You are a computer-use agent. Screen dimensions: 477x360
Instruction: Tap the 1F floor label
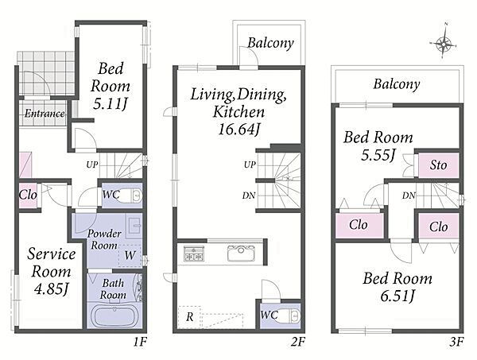tap(140, 343)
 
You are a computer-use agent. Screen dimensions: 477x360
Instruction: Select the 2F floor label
tap(297, 343)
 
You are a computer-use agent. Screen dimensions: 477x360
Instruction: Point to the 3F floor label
tap(456, 343)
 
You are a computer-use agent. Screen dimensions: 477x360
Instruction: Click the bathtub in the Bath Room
tap(114, 316)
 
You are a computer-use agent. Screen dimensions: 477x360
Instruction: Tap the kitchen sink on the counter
tap(241, 253)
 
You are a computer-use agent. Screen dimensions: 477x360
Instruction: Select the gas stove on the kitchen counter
tap(194, 254)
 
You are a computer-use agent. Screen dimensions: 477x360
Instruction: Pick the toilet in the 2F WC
tap(290, 316)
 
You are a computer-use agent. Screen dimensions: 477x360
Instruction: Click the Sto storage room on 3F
tap(438, 165)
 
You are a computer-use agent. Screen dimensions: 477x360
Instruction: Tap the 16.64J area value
tap(239, 130)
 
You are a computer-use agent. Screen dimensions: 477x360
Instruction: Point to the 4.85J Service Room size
tap(51, 288)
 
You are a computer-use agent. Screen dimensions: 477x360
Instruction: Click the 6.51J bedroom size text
tap(397, 296)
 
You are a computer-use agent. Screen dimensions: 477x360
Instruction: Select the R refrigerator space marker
tap(189, 316)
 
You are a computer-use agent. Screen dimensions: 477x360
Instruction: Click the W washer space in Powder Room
tap(130, 255)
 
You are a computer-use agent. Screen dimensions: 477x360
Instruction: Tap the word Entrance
tap(45, 114)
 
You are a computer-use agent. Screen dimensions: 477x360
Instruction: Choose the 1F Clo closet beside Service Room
tap(28, 195)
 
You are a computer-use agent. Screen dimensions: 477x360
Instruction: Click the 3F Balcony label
tap(397, 84)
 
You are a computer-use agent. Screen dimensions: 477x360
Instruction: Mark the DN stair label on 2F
tap(249, 195)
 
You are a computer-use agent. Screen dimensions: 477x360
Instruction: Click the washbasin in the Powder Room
tap(134, 226)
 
